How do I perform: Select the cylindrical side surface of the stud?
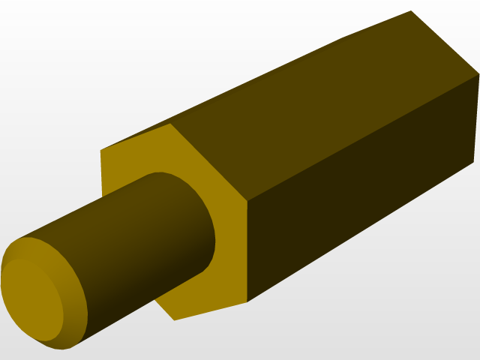(x=135, y=240)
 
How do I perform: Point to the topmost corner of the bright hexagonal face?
(x=172, y=124)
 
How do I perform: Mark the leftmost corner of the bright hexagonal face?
(x=101, y=151)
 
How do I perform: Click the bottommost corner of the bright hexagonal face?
(x=175, y=320)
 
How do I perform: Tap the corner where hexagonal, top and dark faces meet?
(x=247, y=201)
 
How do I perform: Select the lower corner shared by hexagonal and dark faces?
(x=247, y=301)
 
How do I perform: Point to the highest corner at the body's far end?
(x=411, y=11)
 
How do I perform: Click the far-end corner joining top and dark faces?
(x=478, y=74)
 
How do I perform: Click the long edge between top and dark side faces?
(x=360, y=139)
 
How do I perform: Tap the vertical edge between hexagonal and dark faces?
(x=247, y=251)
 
